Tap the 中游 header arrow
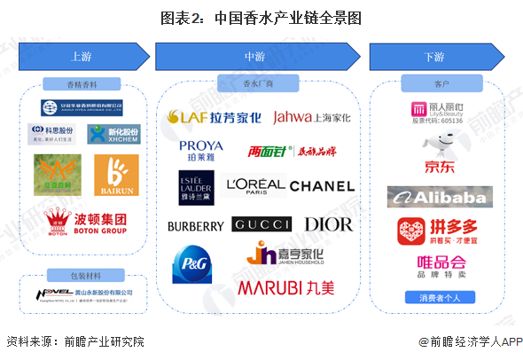click(x=254, y=57)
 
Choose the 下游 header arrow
click(x=433, y=57)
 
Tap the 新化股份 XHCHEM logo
click(x=107, y=135)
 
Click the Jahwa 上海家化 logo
click(x=312, y=117)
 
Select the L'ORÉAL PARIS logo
click(x=255, y=187)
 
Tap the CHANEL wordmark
click(x=321, y=187)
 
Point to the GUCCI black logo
click(x=262, y=224)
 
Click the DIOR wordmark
click(x=328, y=224)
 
